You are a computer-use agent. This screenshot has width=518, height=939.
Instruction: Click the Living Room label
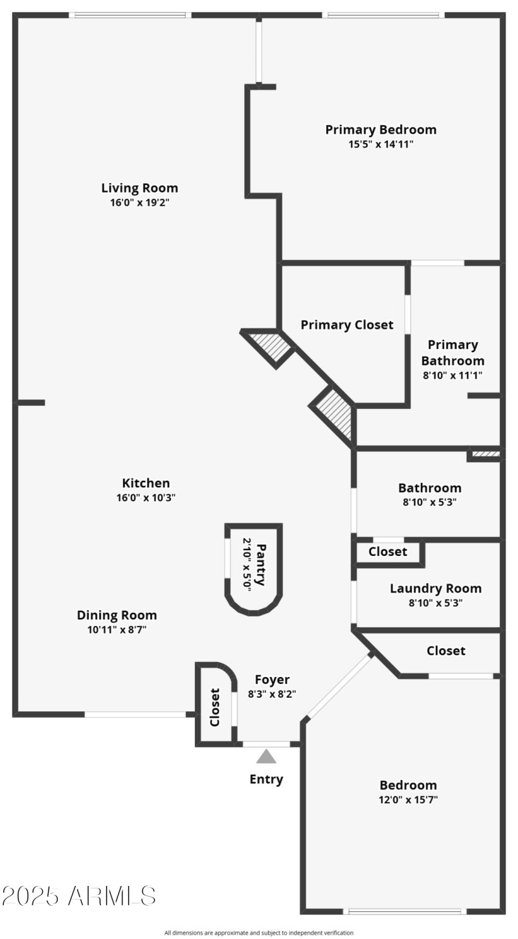pos(139,188)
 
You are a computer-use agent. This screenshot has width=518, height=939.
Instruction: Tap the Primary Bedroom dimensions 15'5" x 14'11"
pos(381,144)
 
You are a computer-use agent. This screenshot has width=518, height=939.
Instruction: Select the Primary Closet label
pos(346,325)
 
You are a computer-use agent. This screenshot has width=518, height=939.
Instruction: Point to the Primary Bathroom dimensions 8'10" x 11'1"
pos(452,375)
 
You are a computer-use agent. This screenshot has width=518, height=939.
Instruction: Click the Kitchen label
pos(146,483)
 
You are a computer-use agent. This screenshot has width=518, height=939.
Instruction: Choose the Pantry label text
pos(260,565)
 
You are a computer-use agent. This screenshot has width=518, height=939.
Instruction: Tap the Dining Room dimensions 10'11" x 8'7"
pos(117,630)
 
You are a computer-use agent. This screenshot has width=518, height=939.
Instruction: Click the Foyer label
pos(272,679)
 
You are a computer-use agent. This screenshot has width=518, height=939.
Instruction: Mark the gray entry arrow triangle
pos(266,757)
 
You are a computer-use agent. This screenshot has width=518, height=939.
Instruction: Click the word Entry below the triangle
pos(266,779)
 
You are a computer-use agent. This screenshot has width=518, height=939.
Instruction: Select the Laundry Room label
pos(435,588)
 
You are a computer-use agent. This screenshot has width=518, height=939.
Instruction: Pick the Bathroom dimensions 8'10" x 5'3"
pos(430,502)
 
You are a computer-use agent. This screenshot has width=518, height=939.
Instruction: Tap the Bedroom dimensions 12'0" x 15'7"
pos(408,800)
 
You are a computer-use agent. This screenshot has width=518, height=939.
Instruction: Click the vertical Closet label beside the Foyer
pos(215,707)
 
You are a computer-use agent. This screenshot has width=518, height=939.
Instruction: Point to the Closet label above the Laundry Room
pos(388,551)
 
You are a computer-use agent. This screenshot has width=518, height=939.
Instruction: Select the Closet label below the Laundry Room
pos(445,650)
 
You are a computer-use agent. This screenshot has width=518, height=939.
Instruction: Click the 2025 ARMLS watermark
pos(78,896)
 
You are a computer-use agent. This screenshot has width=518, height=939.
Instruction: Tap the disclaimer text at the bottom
pos(259,933)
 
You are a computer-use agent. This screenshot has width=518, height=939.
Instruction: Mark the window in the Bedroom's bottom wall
pos(405,911)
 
